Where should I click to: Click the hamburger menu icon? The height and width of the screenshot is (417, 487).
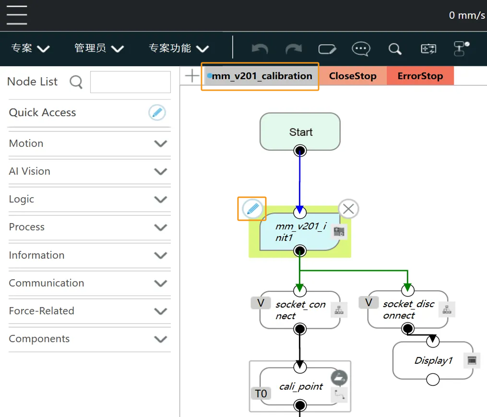17,15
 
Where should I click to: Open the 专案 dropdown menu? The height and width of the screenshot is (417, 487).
30,48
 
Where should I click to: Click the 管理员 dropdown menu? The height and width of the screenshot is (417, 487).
99,48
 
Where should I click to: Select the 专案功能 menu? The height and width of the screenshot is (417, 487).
178,48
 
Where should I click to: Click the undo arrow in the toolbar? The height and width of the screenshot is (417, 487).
260,49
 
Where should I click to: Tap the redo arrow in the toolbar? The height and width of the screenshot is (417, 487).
293,49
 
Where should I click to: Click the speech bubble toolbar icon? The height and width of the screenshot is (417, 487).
361,49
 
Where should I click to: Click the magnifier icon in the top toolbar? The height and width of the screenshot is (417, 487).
395,49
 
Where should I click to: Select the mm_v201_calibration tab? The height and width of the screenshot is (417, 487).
261,76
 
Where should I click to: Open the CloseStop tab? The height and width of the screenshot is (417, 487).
353,76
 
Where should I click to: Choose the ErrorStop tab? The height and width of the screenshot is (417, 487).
420,76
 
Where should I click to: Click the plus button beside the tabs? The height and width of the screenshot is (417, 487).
192,76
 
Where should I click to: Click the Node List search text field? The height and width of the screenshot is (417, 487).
130,82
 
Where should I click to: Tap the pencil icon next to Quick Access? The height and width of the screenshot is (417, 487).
157,113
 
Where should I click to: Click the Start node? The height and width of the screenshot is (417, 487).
300,132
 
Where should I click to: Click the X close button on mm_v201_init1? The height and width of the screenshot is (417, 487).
348,209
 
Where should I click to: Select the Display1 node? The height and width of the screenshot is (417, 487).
433,360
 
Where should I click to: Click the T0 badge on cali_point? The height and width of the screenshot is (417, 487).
261,394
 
